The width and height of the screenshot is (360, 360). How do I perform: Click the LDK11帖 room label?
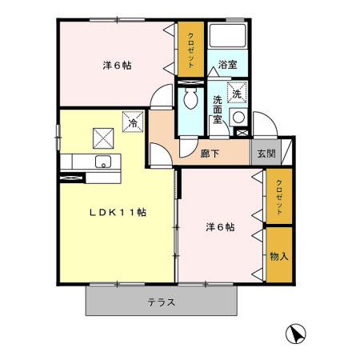[117, 212]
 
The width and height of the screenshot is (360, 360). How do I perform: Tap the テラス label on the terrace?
[161, 302]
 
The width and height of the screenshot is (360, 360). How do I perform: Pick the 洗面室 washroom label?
[218, 110]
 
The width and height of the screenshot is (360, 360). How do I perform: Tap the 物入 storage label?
[278, 257]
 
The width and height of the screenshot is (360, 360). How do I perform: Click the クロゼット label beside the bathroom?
[191, 50]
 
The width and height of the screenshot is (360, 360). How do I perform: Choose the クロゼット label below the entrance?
[279, 197]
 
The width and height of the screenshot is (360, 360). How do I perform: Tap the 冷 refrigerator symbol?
[132, 122]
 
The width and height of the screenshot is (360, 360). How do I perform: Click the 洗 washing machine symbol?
[237, 94]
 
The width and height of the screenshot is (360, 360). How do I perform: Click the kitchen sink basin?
[102, 162]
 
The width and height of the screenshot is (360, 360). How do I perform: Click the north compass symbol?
[294, 333]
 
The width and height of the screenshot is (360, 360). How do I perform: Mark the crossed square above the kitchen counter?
[102, 138]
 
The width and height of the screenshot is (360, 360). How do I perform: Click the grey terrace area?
[120, 302]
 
